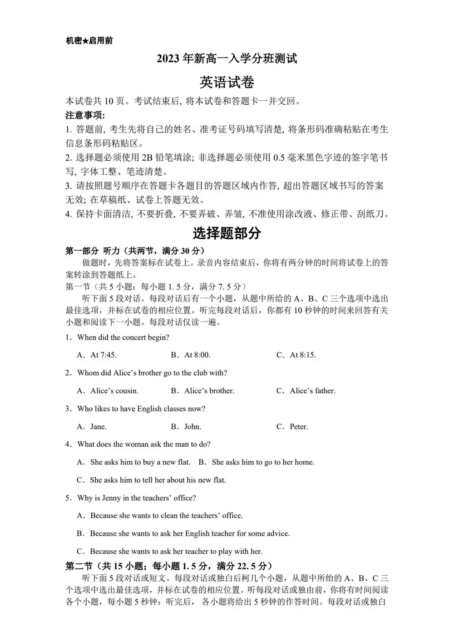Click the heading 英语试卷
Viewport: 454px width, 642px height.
tap(227, 82)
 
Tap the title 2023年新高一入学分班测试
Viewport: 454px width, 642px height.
tap(227, 59)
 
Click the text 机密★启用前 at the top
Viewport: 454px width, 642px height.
tap(89, 41)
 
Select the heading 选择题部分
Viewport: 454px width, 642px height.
tap(227, 233)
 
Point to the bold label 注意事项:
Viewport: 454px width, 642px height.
tap(85, 115)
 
